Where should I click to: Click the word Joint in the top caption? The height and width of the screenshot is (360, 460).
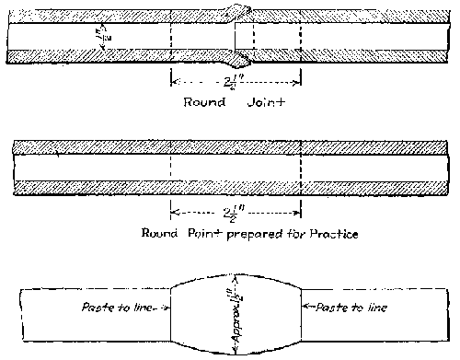[267, 102]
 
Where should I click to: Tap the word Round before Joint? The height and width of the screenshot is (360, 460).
[205, 102]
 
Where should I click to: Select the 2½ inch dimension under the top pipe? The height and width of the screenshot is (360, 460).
[237, 80]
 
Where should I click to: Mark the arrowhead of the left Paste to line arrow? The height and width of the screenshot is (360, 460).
[167, 308]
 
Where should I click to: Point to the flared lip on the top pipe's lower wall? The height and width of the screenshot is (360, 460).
[242, 61]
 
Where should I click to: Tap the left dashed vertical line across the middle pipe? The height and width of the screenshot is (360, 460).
[171, 166]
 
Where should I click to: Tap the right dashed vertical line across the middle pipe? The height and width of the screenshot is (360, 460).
[302, 166]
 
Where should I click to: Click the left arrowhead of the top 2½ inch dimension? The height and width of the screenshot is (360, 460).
[175, 80]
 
